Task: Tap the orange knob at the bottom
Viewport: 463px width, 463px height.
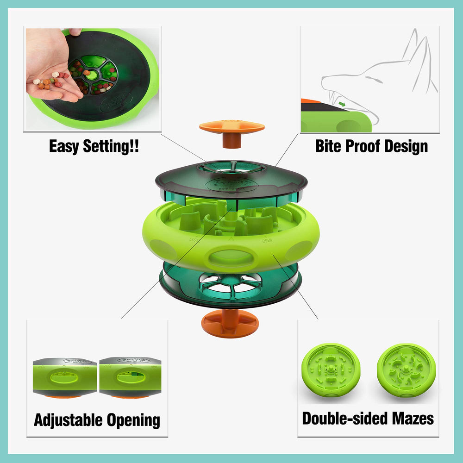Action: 231,323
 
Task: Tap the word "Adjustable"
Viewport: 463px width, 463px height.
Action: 69,420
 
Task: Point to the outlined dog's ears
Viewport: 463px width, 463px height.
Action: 417,56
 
